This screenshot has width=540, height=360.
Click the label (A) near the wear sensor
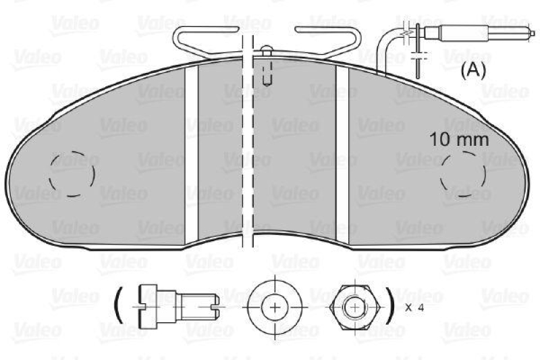tap(473, 70)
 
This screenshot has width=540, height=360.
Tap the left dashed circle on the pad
tap(72, 174)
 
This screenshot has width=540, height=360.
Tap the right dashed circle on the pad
tap(462, 174)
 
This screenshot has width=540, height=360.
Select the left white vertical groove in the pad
tap(192, 152)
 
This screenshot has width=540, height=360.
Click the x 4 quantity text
tap(415, 307)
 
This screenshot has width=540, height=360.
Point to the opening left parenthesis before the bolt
tap(118, 307)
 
